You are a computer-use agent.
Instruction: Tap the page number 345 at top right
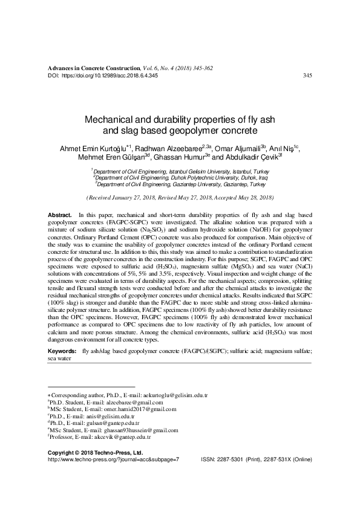click(307, 76)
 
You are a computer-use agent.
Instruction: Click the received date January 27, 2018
click(133, 198)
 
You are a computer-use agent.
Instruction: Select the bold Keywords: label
click(62, 351)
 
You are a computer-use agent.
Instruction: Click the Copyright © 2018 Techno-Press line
click(94, 452)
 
